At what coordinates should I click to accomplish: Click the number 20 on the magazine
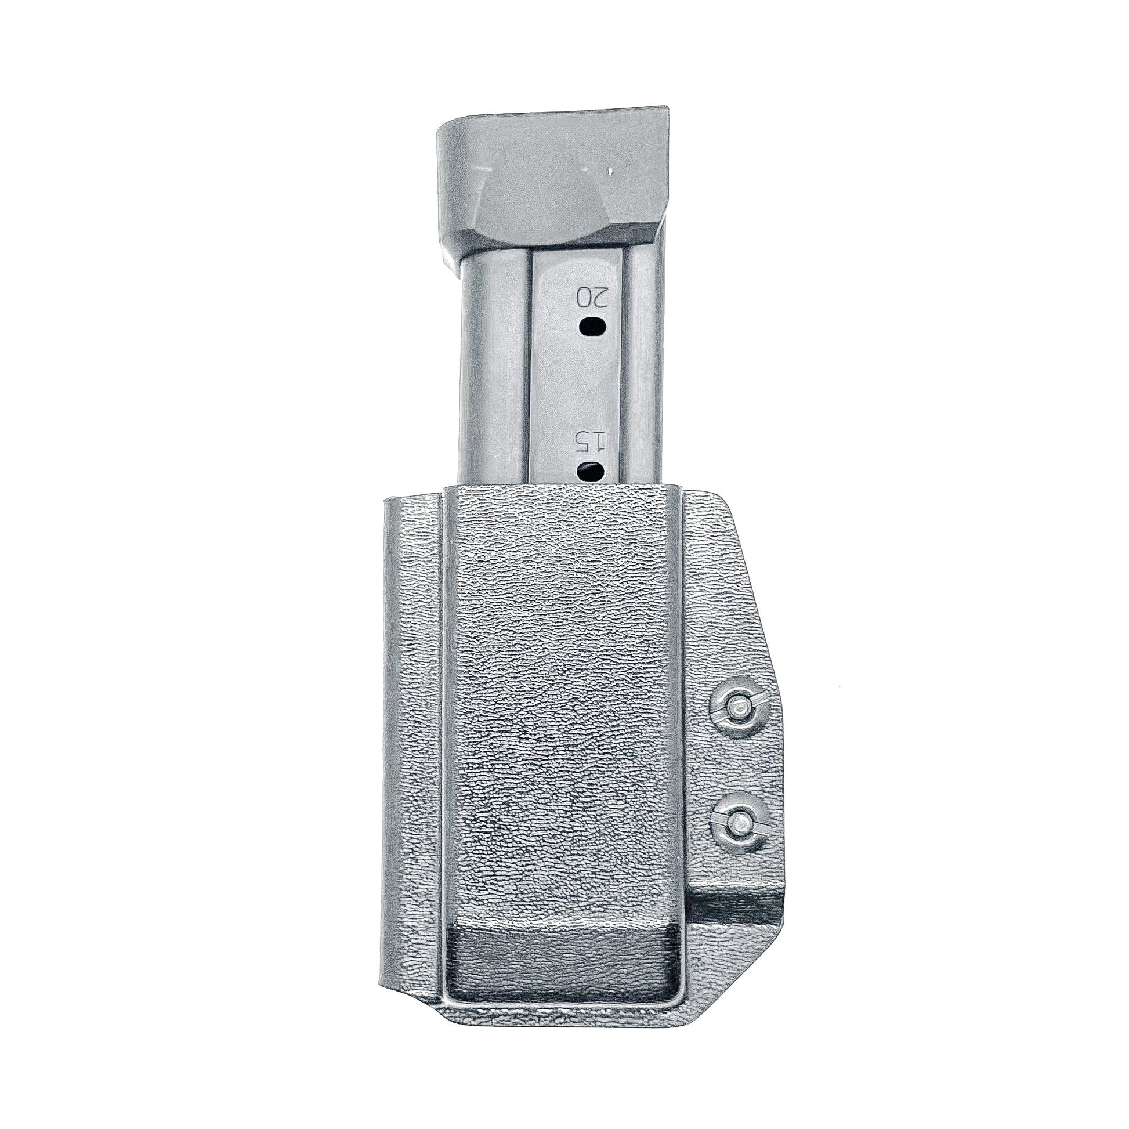click(x=592, y=298)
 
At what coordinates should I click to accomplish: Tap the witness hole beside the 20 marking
click(x=592, y=326)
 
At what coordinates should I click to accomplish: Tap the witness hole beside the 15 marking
click(x=591, y=469)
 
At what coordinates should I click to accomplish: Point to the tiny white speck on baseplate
click(x=610, y=172)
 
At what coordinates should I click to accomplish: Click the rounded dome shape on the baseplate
click(x=541, y=202)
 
